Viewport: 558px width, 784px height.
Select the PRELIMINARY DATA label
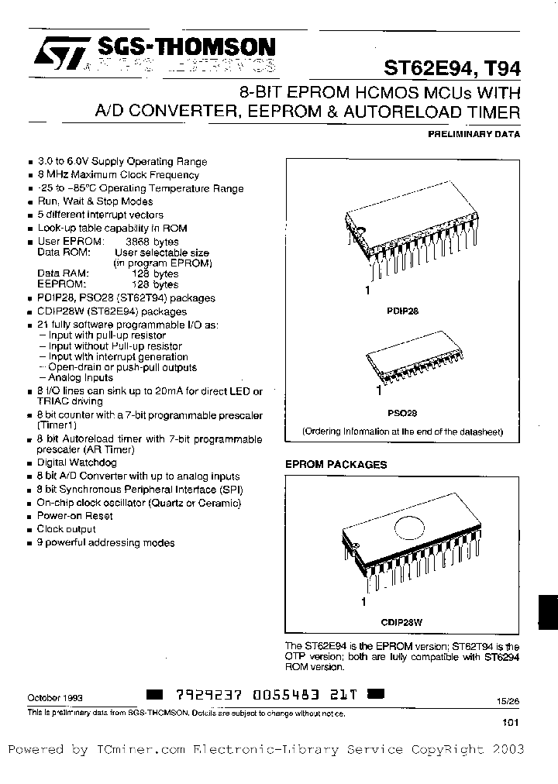click(474, 133)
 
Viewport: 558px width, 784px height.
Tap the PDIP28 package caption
click(402, 310)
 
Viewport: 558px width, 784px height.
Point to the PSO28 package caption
click(402, 413)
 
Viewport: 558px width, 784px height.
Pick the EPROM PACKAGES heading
click(336, 464)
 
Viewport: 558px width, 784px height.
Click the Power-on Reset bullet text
click(75, 515)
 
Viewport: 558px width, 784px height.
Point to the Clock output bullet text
click(67, 529)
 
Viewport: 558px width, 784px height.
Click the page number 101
click(510, 723)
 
